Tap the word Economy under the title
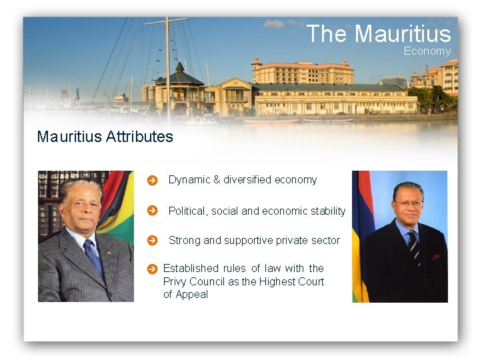pyautogui.click(x=427, y=51)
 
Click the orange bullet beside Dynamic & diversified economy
pyautogui.click(x=152, y=180)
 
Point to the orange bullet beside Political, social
pyautogui.click(x=152, y=211)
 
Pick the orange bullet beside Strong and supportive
pyautogui.click(x=152, y=241)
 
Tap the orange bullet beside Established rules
pyautogui.click(x=151, y=269)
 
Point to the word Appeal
pyautogui.click(x=192, y=295)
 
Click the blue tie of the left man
pyautogui.click(x=93, y=256)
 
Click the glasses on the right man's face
pyautogui.click(x=408, y=203)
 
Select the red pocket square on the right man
pyautogui.click(x=435, y=256)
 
